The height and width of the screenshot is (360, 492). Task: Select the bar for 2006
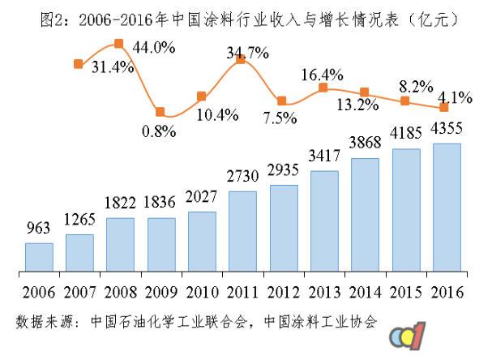[39, 256]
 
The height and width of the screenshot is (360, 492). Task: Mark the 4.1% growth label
[456, 98]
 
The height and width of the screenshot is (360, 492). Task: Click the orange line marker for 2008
[119, 44]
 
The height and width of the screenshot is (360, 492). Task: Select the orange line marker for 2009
[160, 112]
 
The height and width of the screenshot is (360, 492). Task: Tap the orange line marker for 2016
[444, 107]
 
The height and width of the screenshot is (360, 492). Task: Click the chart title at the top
[246, 17]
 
